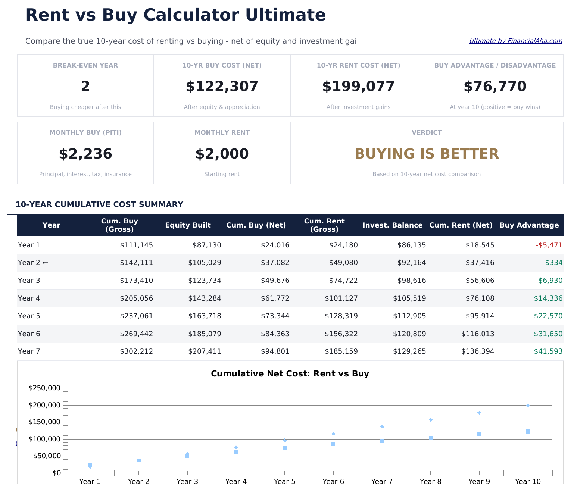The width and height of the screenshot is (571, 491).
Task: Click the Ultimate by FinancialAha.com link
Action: point(515,41)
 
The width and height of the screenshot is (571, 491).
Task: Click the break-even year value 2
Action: point(85,87)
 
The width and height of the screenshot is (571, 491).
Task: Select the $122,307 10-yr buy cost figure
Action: point(222,87)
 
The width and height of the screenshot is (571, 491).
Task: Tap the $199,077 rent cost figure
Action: point(358,87)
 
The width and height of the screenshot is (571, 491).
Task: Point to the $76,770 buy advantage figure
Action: point(495,87)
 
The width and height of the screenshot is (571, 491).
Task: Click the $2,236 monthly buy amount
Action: point(85,154)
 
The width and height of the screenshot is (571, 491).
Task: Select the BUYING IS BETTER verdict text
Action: point(427,154)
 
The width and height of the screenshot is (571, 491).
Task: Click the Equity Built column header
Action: point(188,225)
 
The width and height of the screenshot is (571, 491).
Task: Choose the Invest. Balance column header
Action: point(393,225)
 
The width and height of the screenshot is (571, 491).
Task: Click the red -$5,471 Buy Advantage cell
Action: point(549,245)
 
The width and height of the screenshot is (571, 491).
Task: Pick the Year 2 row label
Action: point(33,263)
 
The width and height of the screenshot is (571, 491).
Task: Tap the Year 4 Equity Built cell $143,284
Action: point(205,298)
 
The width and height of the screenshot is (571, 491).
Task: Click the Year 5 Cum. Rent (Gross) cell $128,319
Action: point(341,316)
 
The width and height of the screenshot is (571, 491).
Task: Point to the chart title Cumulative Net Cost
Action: point(290,373)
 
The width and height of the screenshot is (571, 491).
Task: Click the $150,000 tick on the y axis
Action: point(44,422)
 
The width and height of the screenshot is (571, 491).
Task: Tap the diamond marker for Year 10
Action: point(528,406)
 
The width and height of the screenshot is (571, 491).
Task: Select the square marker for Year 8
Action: point(431,438)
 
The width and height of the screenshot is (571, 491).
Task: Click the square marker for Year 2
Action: point(139,460)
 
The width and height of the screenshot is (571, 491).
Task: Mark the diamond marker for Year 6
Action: point(333,434)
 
